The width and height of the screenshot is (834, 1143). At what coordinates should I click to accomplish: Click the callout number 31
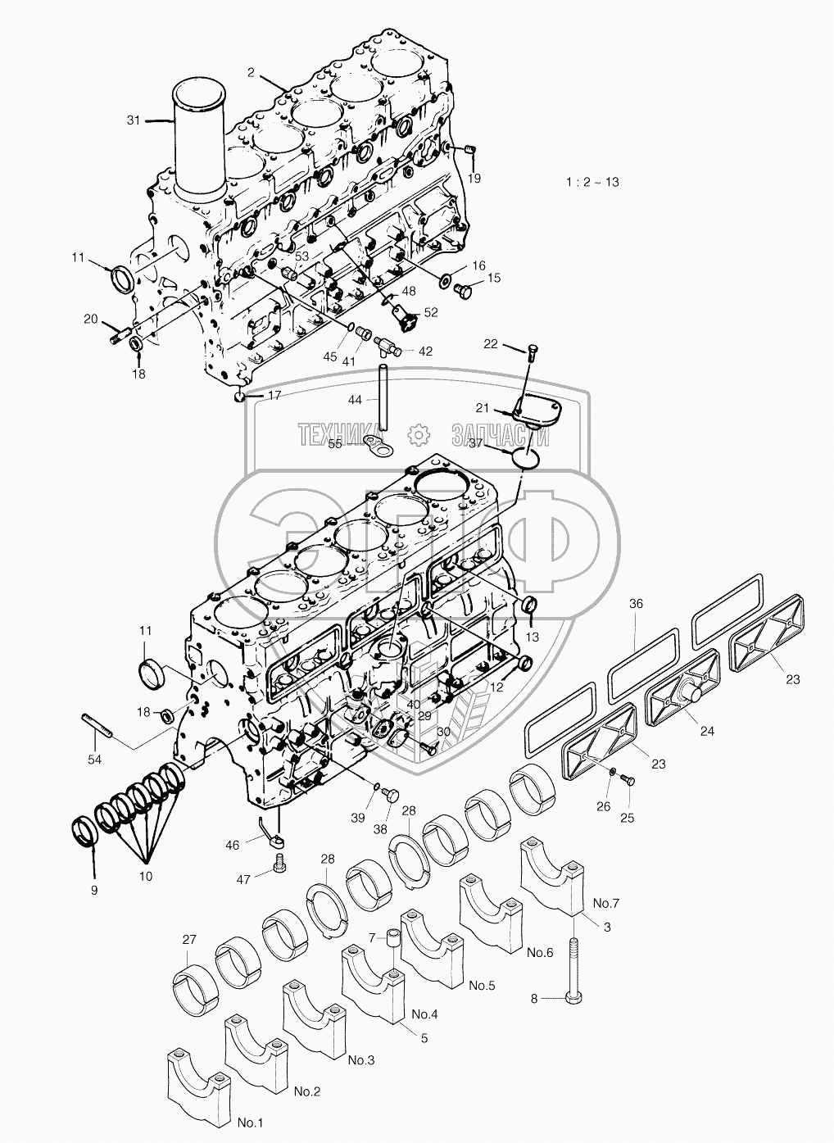click(134, 120)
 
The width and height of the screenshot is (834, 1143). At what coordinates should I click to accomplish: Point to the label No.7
click(605, 903)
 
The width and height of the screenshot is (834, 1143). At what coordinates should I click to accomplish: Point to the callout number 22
click(512, 344)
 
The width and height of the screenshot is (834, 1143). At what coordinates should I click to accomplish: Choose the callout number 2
click(251, 73)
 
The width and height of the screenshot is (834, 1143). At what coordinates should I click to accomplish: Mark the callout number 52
click(430, 312)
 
